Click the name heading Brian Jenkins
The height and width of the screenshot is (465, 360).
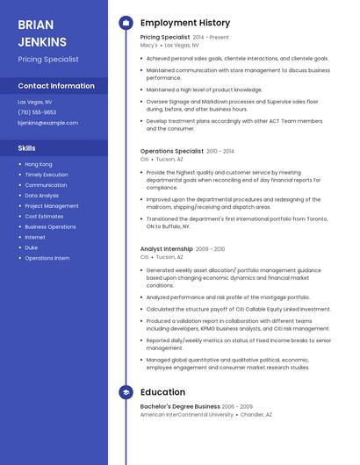click(x=42, y=32)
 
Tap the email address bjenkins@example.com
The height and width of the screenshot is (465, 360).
click(x=48, y=123)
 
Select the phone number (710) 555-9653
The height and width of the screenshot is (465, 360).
click(x=37, y=112)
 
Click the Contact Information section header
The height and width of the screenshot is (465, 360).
click(x=56, y=86)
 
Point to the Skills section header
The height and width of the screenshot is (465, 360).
click(x=27, y=147)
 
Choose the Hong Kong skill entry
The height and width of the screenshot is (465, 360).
click(x=39, y=164)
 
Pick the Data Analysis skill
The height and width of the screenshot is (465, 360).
click(x=42, y=196)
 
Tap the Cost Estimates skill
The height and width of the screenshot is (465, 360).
click(x=44, y=216)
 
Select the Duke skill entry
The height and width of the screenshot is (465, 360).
click(x=32, y=247)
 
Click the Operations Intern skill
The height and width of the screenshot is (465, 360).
click(x=47, y=258)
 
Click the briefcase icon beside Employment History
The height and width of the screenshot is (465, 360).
click(x=126, y=23)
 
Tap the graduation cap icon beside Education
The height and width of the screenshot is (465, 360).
click(x=126, y=392)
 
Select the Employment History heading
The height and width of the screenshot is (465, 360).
click(x=185, y=23)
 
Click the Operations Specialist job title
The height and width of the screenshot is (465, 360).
click(x=172, y=151)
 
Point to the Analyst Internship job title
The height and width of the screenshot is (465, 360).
click(x=167, y=248)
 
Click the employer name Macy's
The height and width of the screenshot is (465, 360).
click(x=149, y=45)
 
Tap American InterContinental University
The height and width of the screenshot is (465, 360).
click(x=187, y=414)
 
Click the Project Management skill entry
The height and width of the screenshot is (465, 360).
click(x=52, y=205)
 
